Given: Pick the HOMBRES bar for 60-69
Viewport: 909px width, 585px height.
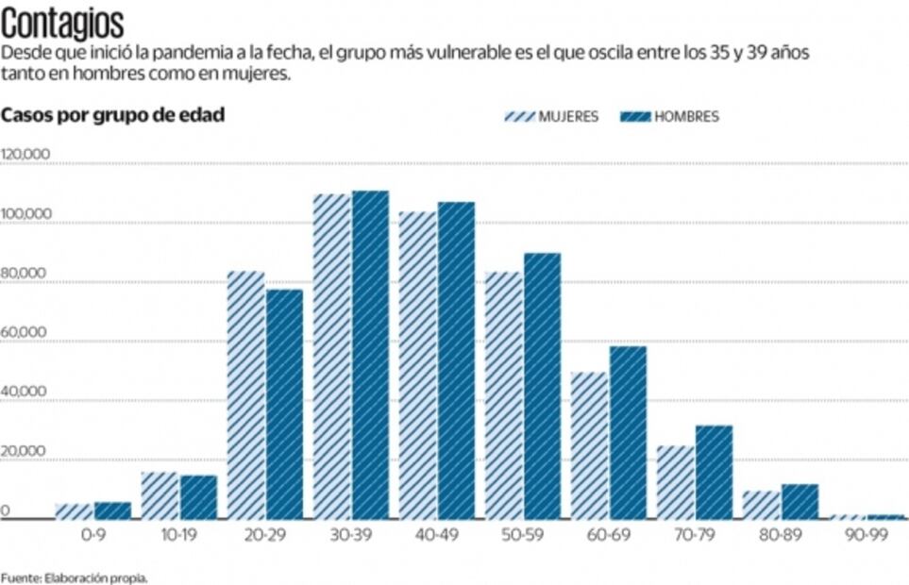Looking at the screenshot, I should tap(628, 432).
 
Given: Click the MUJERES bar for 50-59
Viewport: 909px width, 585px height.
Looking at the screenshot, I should tap(503, 394).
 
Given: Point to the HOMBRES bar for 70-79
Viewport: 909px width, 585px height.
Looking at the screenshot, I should tap(714, 472).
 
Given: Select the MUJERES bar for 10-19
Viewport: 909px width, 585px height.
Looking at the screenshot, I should tap(159, 495).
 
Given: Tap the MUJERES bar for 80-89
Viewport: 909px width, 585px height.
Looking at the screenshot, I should tap(761, 505).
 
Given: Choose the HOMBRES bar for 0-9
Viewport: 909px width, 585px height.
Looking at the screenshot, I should tap(112, 510).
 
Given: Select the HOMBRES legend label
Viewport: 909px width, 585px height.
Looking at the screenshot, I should tap(686, 117).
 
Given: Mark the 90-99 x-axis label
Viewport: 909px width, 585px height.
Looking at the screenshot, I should tap(866, 533).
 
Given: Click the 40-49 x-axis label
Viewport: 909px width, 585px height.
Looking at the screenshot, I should tap(436, 533).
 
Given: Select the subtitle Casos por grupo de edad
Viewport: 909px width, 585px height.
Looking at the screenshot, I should tap(112, 115).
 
